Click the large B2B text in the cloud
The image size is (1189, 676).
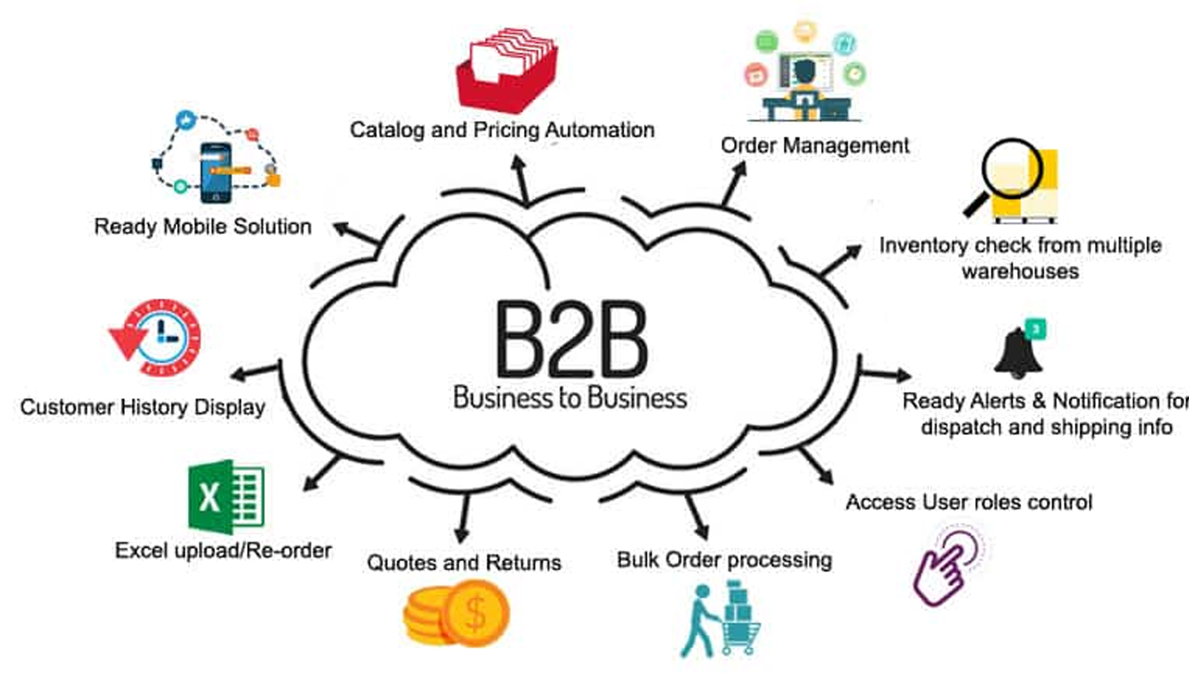point(572,339)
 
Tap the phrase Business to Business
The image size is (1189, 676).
point(570,398)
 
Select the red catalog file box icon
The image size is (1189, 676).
point(507,69)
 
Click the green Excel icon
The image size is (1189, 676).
point(226,496)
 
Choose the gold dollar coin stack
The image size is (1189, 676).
point(456,613)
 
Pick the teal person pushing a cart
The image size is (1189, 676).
point(721,619)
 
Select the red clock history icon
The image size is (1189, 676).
point(156,337)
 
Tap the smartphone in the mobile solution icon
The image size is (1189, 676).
point(216,173)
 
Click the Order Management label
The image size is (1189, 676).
point(815,146)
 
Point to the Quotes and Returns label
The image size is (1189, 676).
point(464,563)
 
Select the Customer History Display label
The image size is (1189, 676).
point(142,407)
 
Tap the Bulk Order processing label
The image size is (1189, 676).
point(725,560)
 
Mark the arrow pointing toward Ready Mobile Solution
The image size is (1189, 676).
point(356,234)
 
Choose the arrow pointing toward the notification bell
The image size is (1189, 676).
point(885,374)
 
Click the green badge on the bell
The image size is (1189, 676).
point(1035,329)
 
